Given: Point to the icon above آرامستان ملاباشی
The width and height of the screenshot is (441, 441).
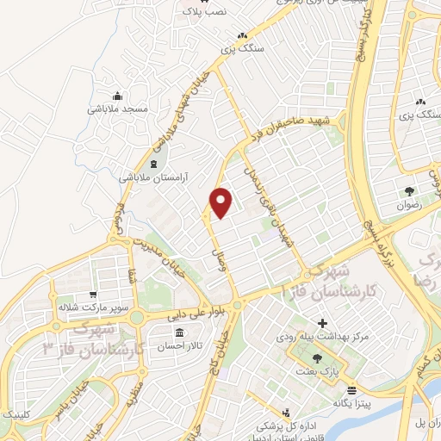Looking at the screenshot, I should pos(154,163).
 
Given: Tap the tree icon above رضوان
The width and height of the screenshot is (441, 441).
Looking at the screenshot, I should pos(408,192).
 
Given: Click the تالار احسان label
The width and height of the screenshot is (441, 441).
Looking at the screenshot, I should pos(178,346).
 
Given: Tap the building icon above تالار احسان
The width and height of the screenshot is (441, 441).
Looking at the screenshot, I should pos(179,332).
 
